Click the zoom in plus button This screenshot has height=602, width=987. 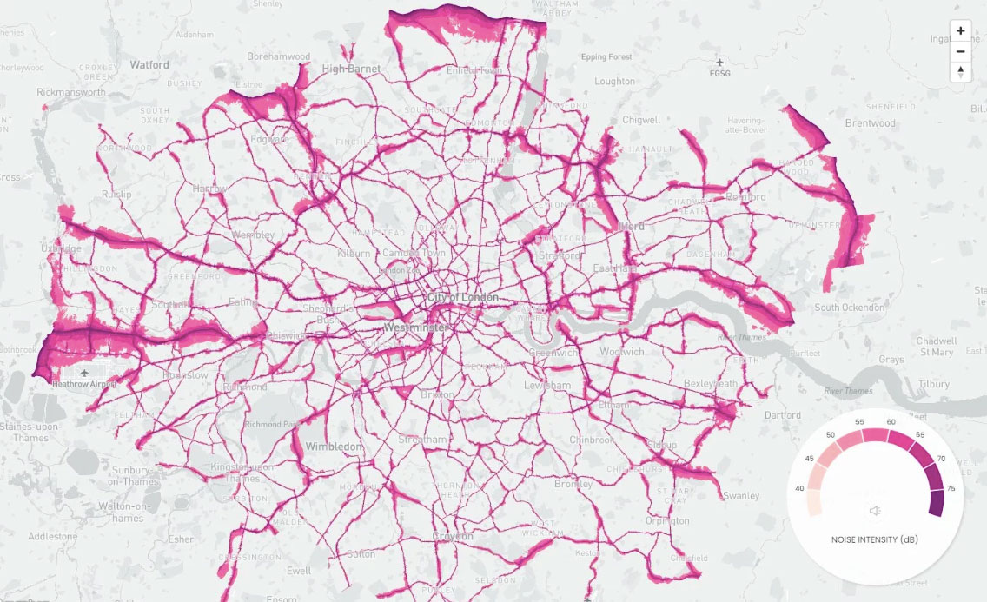[960, 31]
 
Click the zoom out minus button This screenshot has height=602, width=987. [960, 51]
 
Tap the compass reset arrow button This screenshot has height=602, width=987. [960, 72]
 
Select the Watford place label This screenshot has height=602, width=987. [149, 64]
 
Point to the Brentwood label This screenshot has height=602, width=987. [870, 123]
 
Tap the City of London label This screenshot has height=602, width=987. [462, 298]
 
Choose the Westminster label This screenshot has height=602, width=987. [416, 327]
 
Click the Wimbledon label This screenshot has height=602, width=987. [334, 447]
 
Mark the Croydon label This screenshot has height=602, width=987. [453, 536]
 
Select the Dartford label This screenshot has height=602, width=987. [783, 415]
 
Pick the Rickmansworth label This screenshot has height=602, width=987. [71, 92]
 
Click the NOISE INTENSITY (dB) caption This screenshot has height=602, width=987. [876, 540]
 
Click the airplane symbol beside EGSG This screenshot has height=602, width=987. [719, 63]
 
